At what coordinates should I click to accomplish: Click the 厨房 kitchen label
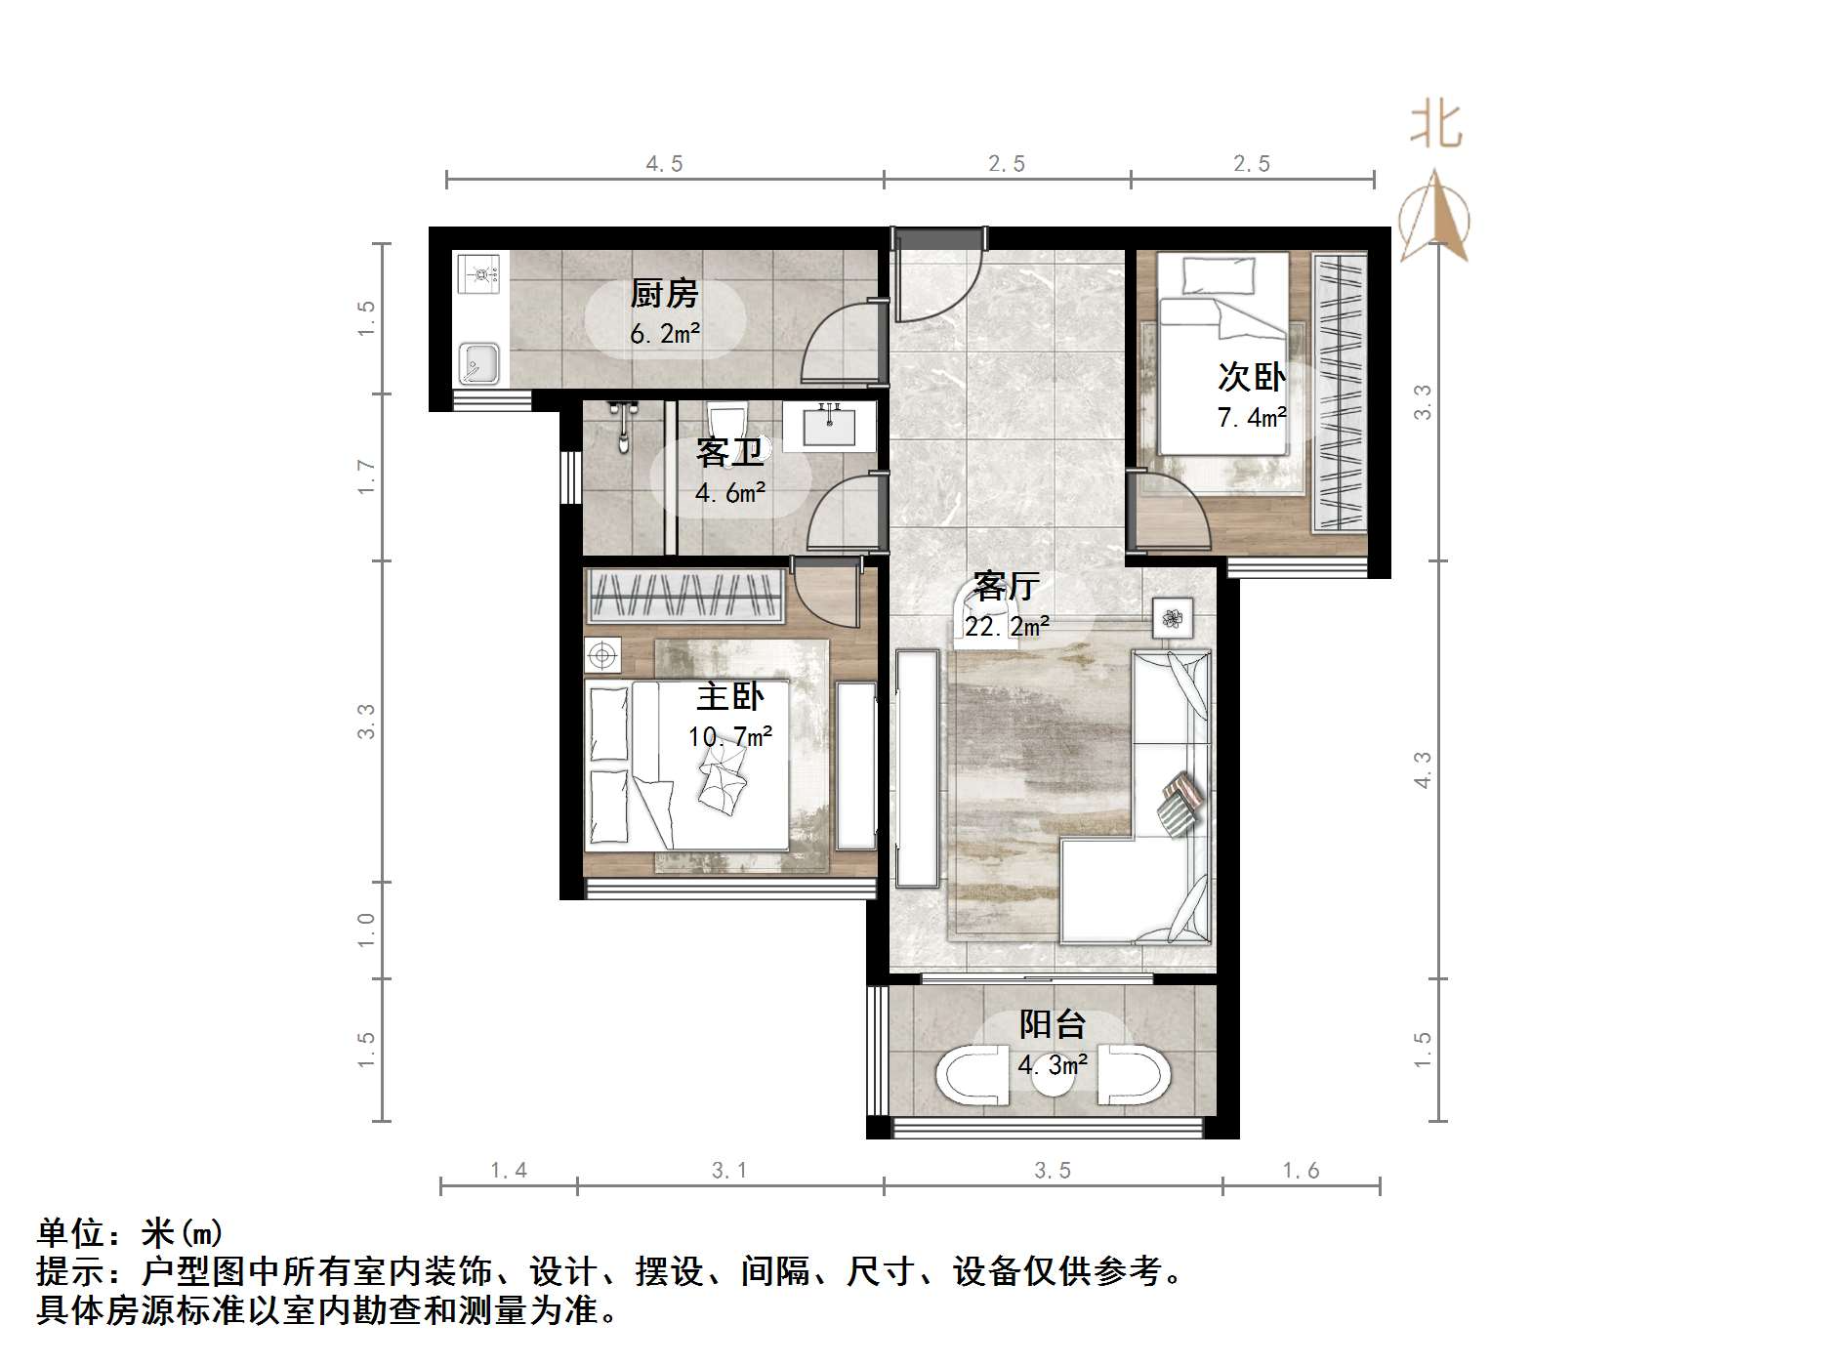tap(664, 293)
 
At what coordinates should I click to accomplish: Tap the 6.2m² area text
tap(665, 334)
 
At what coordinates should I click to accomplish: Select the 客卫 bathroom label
tap(729, 453)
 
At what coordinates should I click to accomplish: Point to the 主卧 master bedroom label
tap(729, 697)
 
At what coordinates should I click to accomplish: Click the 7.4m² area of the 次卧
tap(1252, 418)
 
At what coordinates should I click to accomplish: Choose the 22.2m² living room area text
tap(1007, 626)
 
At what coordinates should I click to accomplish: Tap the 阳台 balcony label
tap(1053, 1024)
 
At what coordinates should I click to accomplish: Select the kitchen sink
tap(478, 363)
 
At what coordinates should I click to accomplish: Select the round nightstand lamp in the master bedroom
tap(602, 654)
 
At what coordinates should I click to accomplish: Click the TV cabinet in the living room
tap(917, 768)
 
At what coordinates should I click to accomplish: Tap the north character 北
tap(1435, 125)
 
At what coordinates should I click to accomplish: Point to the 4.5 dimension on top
tap(664, 164)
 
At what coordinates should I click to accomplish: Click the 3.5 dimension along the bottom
tap(1053, 1170)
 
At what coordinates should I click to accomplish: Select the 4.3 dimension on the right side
tap(1422, 769)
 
